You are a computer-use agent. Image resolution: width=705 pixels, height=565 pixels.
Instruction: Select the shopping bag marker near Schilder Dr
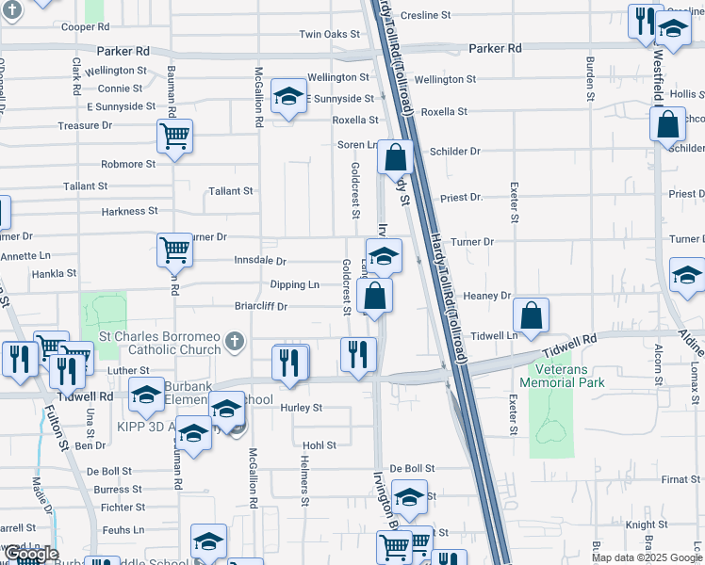pyautogui.click(x=667, y=124)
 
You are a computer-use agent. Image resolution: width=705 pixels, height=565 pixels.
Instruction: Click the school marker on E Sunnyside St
pyautogui.click(x=288, y=96)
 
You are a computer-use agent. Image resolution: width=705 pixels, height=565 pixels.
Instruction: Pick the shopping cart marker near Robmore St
pyautogui.click(x=174, y=137)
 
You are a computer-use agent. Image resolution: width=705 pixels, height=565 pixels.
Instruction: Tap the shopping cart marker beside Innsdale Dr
pyautogui.click(x=174, y=250)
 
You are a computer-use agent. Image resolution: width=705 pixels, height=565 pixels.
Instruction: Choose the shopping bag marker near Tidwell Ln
pyautogui.click(x=532, y=316)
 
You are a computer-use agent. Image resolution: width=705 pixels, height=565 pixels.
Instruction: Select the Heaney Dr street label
pyautogui.click(x=486, y=296)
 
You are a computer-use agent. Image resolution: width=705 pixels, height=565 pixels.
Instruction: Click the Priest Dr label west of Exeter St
pyautogui.click(x=462, y=198)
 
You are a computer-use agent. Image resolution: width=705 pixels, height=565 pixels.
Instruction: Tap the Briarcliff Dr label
pyautogui.click(x=261, y=306)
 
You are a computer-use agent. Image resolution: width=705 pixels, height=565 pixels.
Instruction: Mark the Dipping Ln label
pyautogui.click(x=294, y=284)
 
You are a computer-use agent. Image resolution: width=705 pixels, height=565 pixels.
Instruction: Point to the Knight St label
pyautogui.click(x=646, y=525)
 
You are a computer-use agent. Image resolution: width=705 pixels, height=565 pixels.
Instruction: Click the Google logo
pyautogui.click(x=30, y=555)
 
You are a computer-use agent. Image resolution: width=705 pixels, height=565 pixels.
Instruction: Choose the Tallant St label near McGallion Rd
pyautogui.click(x=231, y=191)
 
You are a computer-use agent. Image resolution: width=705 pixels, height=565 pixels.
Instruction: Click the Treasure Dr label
pyautogui.click(x=85, y=125)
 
